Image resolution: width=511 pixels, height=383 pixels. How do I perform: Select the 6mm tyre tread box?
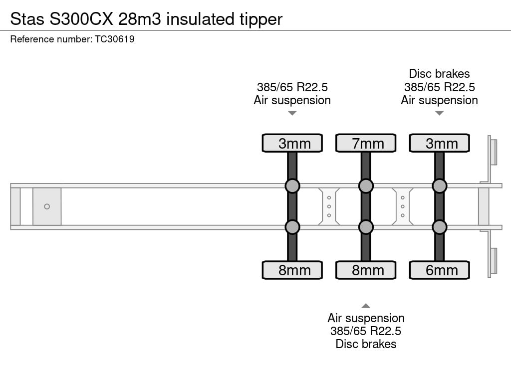(x=439, y=270)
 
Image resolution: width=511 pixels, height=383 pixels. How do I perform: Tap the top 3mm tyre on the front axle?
(x=292, y=143)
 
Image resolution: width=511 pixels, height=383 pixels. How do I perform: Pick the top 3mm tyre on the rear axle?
(x=439, y=143)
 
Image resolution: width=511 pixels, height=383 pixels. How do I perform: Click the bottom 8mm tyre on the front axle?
(x=292, y=270)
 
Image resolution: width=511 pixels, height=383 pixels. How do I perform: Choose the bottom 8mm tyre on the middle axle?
(x=366, y=270)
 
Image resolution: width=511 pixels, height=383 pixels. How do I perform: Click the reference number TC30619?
(x=115, y=39)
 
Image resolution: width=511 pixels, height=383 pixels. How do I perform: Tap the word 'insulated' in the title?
(x=200, y=19)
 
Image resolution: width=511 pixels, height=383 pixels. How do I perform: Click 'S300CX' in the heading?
(x=81, y=19)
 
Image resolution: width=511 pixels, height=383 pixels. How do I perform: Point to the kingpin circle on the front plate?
(x=47, y=206)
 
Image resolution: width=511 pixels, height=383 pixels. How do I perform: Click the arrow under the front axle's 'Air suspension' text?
(x=292, y=113)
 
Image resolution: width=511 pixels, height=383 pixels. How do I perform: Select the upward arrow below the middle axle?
(x=366, y=306)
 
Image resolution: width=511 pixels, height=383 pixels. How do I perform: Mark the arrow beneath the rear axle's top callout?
(x=439, y=113)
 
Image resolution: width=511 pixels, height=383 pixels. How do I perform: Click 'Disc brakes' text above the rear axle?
(x=439, y=74)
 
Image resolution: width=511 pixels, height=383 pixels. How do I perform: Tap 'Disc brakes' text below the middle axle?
(x=366, y=344)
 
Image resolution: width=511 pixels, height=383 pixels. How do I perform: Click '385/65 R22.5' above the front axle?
(x=292, y=87)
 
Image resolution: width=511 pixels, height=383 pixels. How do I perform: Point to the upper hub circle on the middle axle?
(x=366, y=186)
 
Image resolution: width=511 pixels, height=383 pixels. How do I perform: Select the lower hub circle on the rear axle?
(x=439, y=227)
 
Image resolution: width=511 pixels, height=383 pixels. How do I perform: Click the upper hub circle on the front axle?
(x=292, y=186)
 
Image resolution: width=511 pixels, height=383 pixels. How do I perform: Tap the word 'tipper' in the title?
(x=261, y=19)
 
